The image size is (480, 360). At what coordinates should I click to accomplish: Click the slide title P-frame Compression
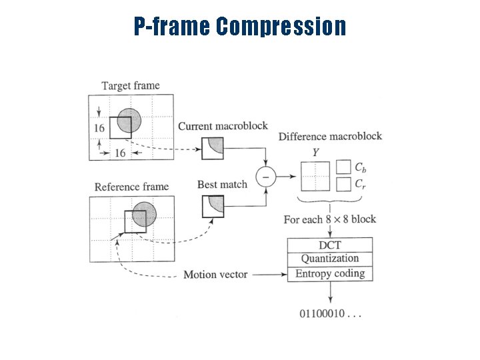[x=240, y=27]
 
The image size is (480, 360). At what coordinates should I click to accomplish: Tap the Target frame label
[x=130, y=85]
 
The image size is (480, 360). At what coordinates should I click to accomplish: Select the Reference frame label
[x=131, y=187]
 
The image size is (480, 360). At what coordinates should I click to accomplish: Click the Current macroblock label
[x=223, y=126]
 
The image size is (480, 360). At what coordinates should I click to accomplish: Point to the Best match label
[x=222, y=184]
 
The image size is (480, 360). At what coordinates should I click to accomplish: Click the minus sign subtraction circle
[x=266, y=177]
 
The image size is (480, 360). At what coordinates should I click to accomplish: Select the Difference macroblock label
[x=330, y=137]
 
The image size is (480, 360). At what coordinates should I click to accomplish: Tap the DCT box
[x=329, y=245]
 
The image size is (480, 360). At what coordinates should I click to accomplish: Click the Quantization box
[x=329, y=259]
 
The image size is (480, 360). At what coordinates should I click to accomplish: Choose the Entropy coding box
[x=329, y=273]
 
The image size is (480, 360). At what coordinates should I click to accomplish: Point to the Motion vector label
[x=215, y=274]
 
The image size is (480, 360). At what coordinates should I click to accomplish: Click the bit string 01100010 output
[x=331, y=313]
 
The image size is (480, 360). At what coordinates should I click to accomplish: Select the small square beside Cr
[x=343, y=183]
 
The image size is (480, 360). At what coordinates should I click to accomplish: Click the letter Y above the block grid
[x=315, y=153]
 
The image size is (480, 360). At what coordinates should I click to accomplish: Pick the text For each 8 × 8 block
[x=329, y=219]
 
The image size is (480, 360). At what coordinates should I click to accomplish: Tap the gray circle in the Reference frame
[x=145, y=215]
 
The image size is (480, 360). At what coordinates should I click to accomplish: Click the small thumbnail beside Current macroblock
[x=213, y=148]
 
